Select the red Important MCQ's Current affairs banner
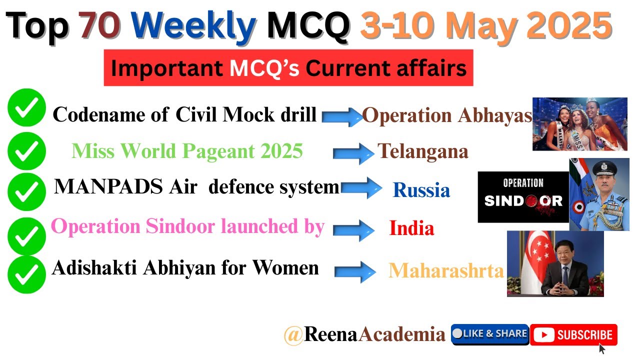(288, 68)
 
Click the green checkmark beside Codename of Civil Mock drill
(26, 107)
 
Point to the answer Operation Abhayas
(447, 116)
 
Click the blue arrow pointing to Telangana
(353, 153)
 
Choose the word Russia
(421, 190)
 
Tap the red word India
(411, 228)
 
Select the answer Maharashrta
(446, 270)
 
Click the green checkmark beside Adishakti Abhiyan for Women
(26, 273)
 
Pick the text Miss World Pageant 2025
(187, 150)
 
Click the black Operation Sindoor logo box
(523, 197)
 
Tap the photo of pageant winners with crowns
(579, 124)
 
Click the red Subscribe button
(573, 334)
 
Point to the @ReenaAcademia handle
(364, 334)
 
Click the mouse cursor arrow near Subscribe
(602, 348)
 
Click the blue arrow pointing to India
(353, 229)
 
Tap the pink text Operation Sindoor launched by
(187, 226)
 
